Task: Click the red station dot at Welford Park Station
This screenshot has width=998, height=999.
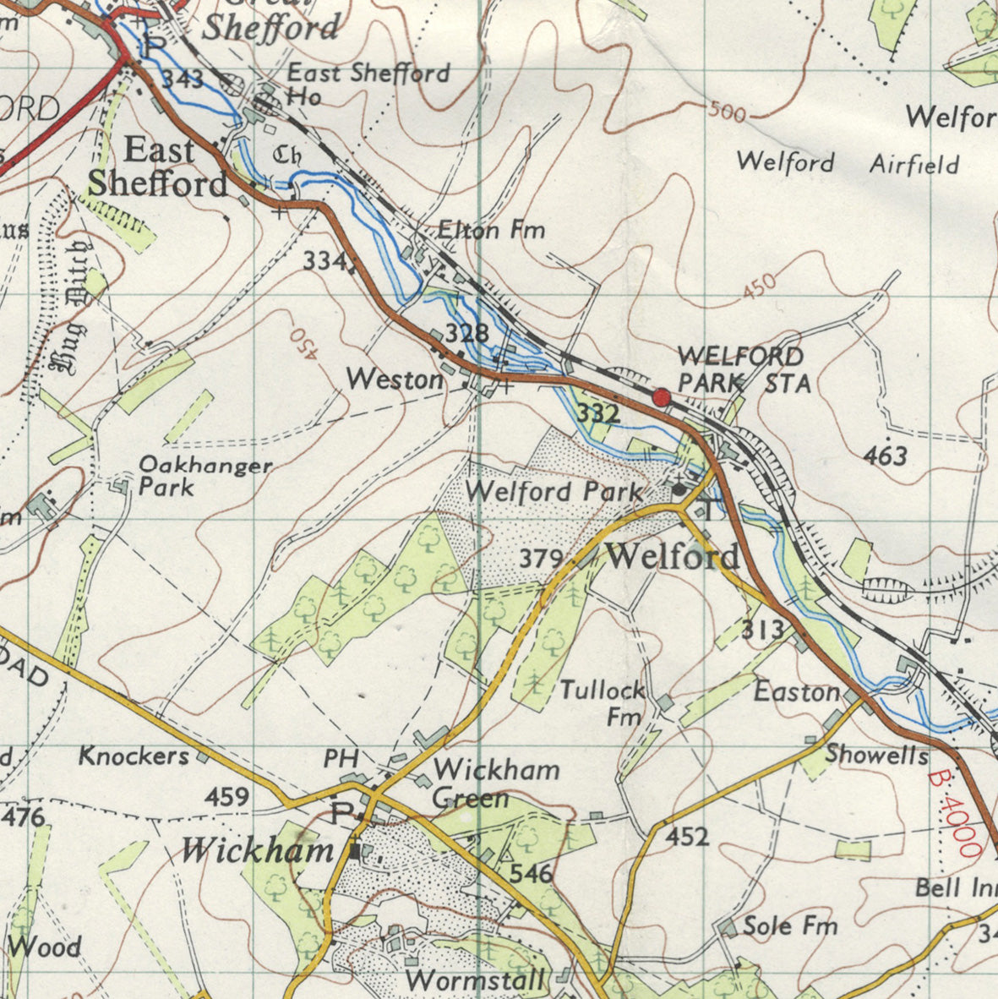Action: pos(661,396)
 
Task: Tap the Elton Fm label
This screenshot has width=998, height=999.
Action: pos(491,230)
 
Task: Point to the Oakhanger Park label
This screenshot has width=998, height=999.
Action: pos(205,476)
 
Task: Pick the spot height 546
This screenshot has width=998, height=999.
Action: pos(532,874)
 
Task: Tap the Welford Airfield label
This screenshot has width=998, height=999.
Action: pos(848,162)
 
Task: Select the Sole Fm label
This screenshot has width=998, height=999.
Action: pos(789,926)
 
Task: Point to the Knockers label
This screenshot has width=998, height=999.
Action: pos(134,756)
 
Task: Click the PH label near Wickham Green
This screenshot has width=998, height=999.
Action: pos(341,758)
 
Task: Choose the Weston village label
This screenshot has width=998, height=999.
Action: pos(395,380)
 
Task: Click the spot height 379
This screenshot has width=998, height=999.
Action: pos(541,559)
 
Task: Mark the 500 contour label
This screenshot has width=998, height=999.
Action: pos(727,112)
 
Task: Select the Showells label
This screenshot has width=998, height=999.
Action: pos(876,754)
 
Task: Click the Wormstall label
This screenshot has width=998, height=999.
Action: pos(475,981)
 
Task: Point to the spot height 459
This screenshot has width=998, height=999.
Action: pos(227,796)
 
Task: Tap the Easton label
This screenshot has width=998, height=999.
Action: pos(797,692)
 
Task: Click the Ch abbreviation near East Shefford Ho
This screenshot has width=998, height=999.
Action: pos(288,156)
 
